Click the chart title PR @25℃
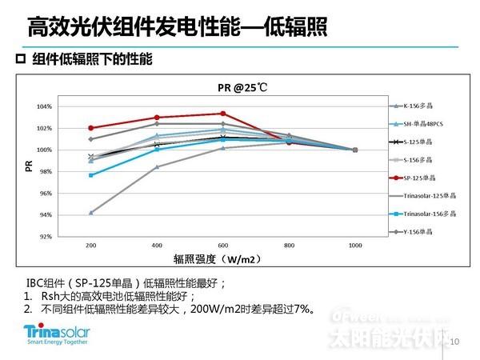point(240,88)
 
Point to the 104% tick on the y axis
point(45,106)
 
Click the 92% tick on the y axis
point(45,237)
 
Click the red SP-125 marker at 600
point(222,114)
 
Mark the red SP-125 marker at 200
point(90,128)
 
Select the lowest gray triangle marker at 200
point(90,213)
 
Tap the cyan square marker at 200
point(90,174)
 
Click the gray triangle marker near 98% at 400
point(157,166)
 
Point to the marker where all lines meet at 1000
point(354,150)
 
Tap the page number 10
point(457,342)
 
